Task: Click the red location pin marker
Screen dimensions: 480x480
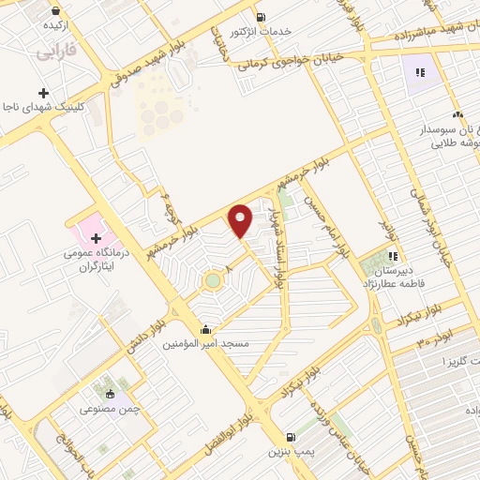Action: point(241,220)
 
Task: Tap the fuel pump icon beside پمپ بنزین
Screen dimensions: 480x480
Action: point(290,436)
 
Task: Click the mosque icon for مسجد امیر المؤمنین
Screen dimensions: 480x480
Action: point(204,330)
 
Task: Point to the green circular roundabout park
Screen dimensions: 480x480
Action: point(214,279)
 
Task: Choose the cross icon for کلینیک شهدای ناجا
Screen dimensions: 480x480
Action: point(43,93)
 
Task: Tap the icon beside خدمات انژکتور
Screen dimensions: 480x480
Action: point(261,16)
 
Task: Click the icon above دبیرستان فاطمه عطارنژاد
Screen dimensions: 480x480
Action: point(394,255)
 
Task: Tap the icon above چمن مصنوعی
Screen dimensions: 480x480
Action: point(111,394)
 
